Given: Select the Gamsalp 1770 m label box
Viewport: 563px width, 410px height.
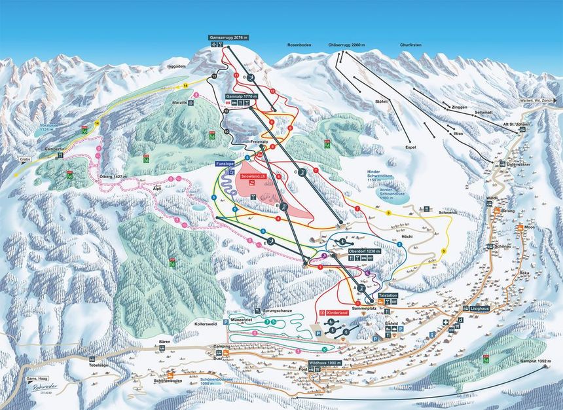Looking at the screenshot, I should pyautogui.click(x=241, y=96).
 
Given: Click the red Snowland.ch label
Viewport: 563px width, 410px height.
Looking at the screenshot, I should pyautogui.click(x=253, y=176).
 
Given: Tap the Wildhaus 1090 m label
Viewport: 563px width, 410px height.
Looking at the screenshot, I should pyautogui.click(x=325, y=362).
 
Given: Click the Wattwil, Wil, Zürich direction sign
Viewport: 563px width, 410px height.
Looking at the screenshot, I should pyautogui.click(x=536, y=101).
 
